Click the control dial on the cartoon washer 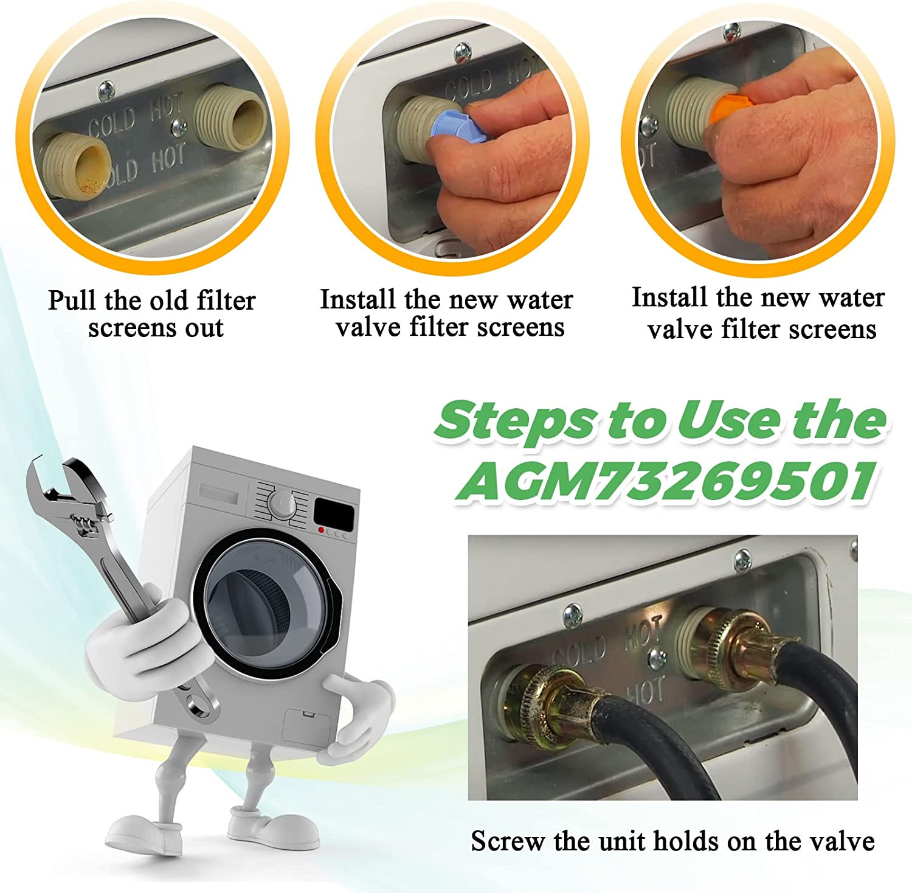(x=282, y=504)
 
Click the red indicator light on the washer (x=321, y=530)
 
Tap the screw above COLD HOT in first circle (x=106, y=91)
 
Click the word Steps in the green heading (x=515, y=420)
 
